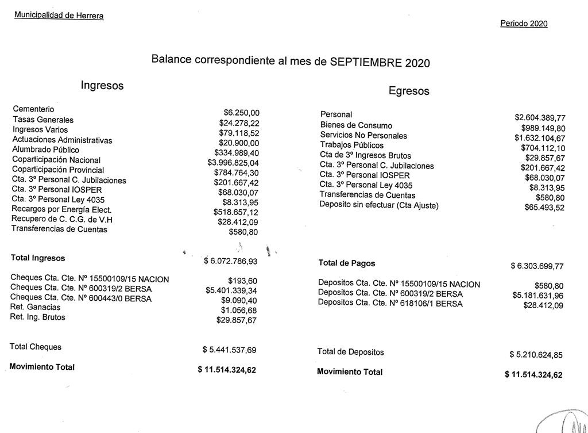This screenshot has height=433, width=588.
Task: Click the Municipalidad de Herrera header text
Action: coord(59,16)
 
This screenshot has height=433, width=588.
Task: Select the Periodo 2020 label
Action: coord(524,24)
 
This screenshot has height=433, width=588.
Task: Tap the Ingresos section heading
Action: coord(102,86)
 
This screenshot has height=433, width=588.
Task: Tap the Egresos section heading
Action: coord(409,91)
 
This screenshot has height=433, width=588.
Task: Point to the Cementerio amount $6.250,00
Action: coord(241,113)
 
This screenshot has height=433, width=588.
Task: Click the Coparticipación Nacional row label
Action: coord(56,160)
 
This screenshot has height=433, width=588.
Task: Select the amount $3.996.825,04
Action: coord(234,163)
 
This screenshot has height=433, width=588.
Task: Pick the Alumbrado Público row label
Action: coord(46,150)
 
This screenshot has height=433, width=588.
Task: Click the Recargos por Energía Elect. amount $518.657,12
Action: coord(236,212)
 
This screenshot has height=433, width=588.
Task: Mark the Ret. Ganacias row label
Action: coord(35,307)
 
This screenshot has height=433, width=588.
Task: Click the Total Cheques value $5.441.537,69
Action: coord(230,350)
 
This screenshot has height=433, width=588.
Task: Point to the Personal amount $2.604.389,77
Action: coord(540,118)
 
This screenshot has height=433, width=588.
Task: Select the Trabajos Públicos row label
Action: coord(352,145)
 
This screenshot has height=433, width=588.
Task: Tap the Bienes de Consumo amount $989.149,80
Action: coord(543,128)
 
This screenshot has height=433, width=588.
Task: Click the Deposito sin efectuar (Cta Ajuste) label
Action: coord(379,205)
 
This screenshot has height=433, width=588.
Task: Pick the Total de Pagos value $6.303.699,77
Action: coord(537,266)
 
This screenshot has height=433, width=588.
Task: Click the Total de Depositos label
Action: coord(350,352)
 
